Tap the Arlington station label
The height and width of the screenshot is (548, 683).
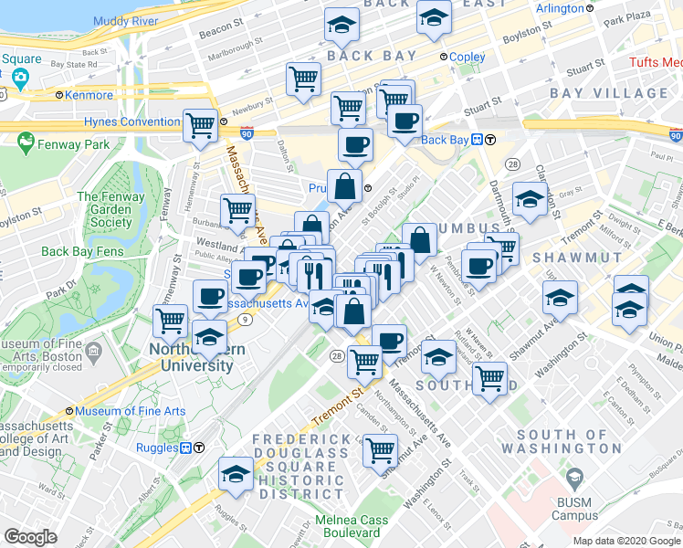click(560, 9)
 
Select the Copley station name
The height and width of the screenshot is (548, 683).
click(468, 57)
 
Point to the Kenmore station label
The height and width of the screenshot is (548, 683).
click(89, 95)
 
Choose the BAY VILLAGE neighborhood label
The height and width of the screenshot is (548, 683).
click(609, 93)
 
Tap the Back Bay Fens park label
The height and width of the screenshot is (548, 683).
click(81, 251)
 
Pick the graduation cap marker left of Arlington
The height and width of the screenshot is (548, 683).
click(434, 16)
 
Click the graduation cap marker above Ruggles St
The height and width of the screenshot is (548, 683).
click(236, 474)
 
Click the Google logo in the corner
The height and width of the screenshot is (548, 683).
click(29, 537)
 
